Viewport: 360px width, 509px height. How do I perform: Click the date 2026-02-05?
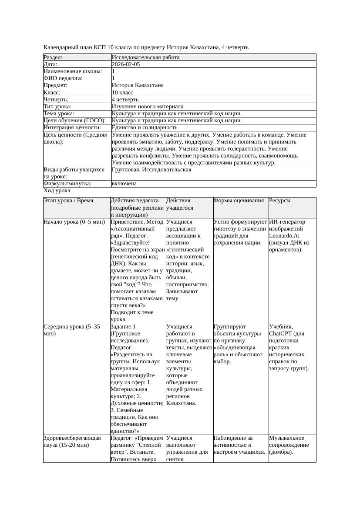pos(126,64)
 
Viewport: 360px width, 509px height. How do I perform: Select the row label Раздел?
pos(53,57)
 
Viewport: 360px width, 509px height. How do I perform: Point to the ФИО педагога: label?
pos(63,78)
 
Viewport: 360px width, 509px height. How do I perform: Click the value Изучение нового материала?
pos(148,107)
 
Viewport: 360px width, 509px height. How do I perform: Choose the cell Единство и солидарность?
pos(145,127)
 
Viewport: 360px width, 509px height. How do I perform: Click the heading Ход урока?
pos(57,191)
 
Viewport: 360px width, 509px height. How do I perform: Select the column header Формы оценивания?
pos(239,201)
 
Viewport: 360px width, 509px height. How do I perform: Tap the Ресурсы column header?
pos(280,201)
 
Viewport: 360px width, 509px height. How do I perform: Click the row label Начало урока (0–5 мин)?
pos(74,222)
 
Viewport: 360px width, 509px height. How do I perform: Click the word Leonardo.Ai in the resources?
pos(284,236)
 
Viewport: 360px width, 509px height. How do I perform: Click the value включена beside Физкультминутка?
pos(124,184)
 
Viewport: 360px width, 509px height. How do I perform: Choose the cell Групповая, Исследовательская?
pos(151,170)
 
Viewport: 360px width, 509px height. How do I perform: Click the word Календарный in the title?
pos(61,47)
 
